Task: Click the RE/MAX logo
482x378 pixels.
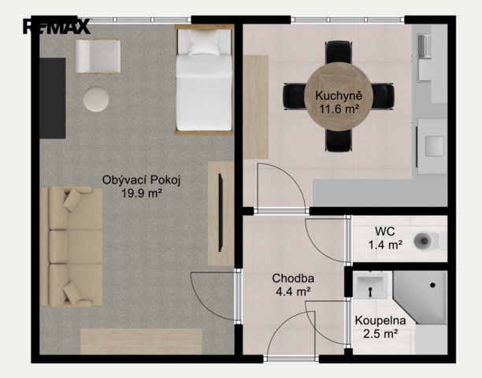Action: (57, 27)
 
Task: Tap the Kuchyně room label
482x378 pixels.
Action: (339, 95)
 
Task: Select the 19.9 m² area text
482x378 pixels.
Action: (142, 193)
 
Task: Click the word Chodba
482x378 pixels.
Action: (293, 279)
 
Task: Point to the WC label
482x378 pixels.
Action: (385, 231)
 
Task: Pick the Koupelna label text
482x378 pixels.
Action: (380, 321)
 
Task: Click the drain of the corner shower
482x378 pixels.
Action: (432, 285)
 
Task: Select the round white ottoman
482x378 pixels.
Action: (95, 99)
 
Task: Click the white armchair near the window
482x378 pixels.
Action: (98, 56)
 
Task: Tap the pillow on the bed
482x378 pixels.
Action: (204, 43)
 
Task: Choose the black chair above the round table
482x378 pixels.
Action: (338, 53)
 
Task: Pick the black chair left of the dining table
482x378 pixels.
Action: (295, 96)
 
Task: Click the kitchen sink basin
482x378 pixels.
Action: (434, 146)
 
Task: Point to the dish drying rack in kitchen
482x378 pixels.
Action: (425, 46)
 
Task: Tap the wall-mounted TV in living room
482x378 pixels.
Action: (221, 213)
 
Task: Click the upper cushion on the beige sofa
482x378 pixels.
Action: (72, 200)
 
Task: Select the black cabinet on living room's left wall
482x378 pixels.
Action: (53, 98)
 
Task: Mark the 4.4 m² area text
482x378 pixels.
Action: (293, 291)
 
